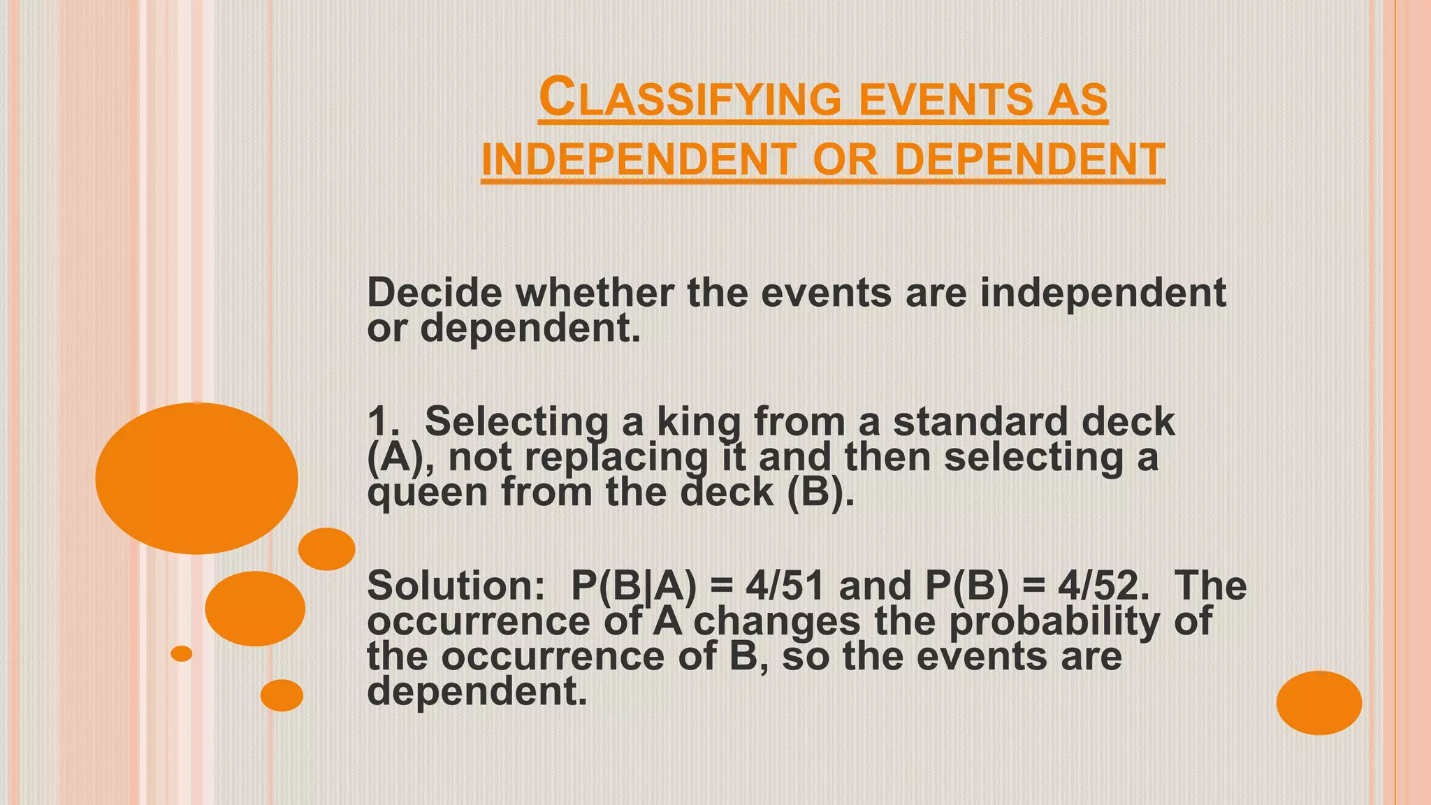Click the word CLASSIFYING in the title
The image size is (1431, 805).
690,99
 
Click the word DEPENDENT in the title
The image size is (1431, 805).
1029,159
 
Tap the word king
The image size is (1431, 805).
698,422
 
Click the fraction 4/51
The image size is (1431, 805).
785,586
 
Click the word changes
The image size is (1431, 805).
776,621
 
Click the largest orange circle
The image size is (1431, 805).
197,479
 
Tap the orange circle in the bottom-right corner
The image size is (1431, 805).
1319,702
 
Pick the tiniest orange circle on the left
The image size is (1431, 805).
182,653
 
